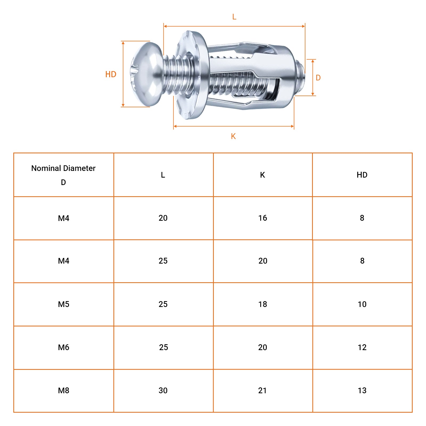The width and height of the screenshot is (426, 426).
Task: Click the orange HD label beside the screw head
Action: [x=111, y=74]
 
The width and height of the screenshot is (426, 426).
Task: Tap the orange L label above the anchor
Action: [x=234, y=17]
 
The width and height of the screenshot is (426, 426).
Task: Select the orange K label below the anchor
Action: [x=234, y=136]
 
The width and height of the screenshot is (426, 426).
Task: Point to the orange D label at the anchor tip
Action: [x=318, y=78]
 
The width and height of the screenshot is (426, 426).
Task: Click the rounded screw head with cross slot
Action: [x=146, y=74]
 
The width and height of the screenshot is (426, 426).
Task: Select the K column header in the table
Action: [x=263, y=175]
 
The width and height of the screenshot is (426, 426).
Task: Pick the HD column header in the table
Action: [x=362, y=175]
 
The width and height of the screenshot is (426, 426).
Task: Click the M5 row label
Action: [x=64, y=304]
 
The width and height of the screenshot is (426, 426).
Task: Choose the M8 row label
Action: [x=64, y=391]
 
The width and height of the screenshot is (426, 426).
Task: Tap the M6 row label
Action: [x=64, y=347]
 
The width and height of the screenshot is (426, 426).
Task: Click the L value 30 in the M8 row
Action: [x=163, y=391]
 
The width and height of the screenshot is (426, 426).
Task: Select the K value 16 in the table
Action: [x=263, y=218]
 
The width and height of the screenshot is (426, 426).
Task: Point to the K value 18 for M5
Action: [x=263, y=304]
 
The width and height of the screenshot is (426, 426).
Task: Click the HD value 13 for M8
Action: [x=362, y=391]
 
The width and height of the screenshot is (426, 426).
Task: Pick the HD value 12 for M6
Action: [x=362, y=347]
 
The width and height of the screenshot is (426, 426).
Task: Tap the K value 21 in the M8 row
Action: [x=262, y=391]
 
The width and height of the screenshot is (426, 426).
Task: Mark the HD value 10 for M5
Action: [x=362, y=304]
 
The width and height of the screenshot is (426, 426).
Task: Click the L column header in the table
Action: [x=163, y=175]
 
